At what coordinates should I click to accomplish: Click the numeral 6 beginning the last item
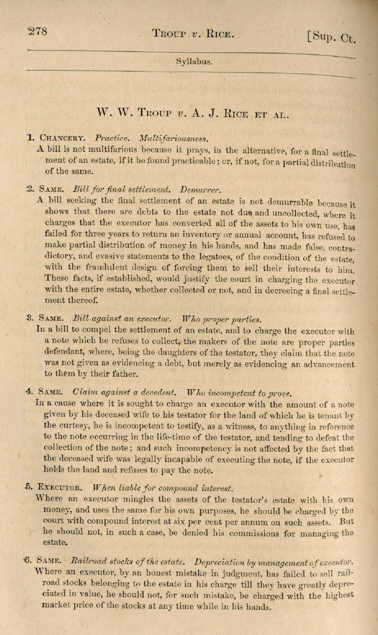point(28,560)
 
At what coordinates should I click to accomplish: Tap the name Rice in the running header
point(220,33)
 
